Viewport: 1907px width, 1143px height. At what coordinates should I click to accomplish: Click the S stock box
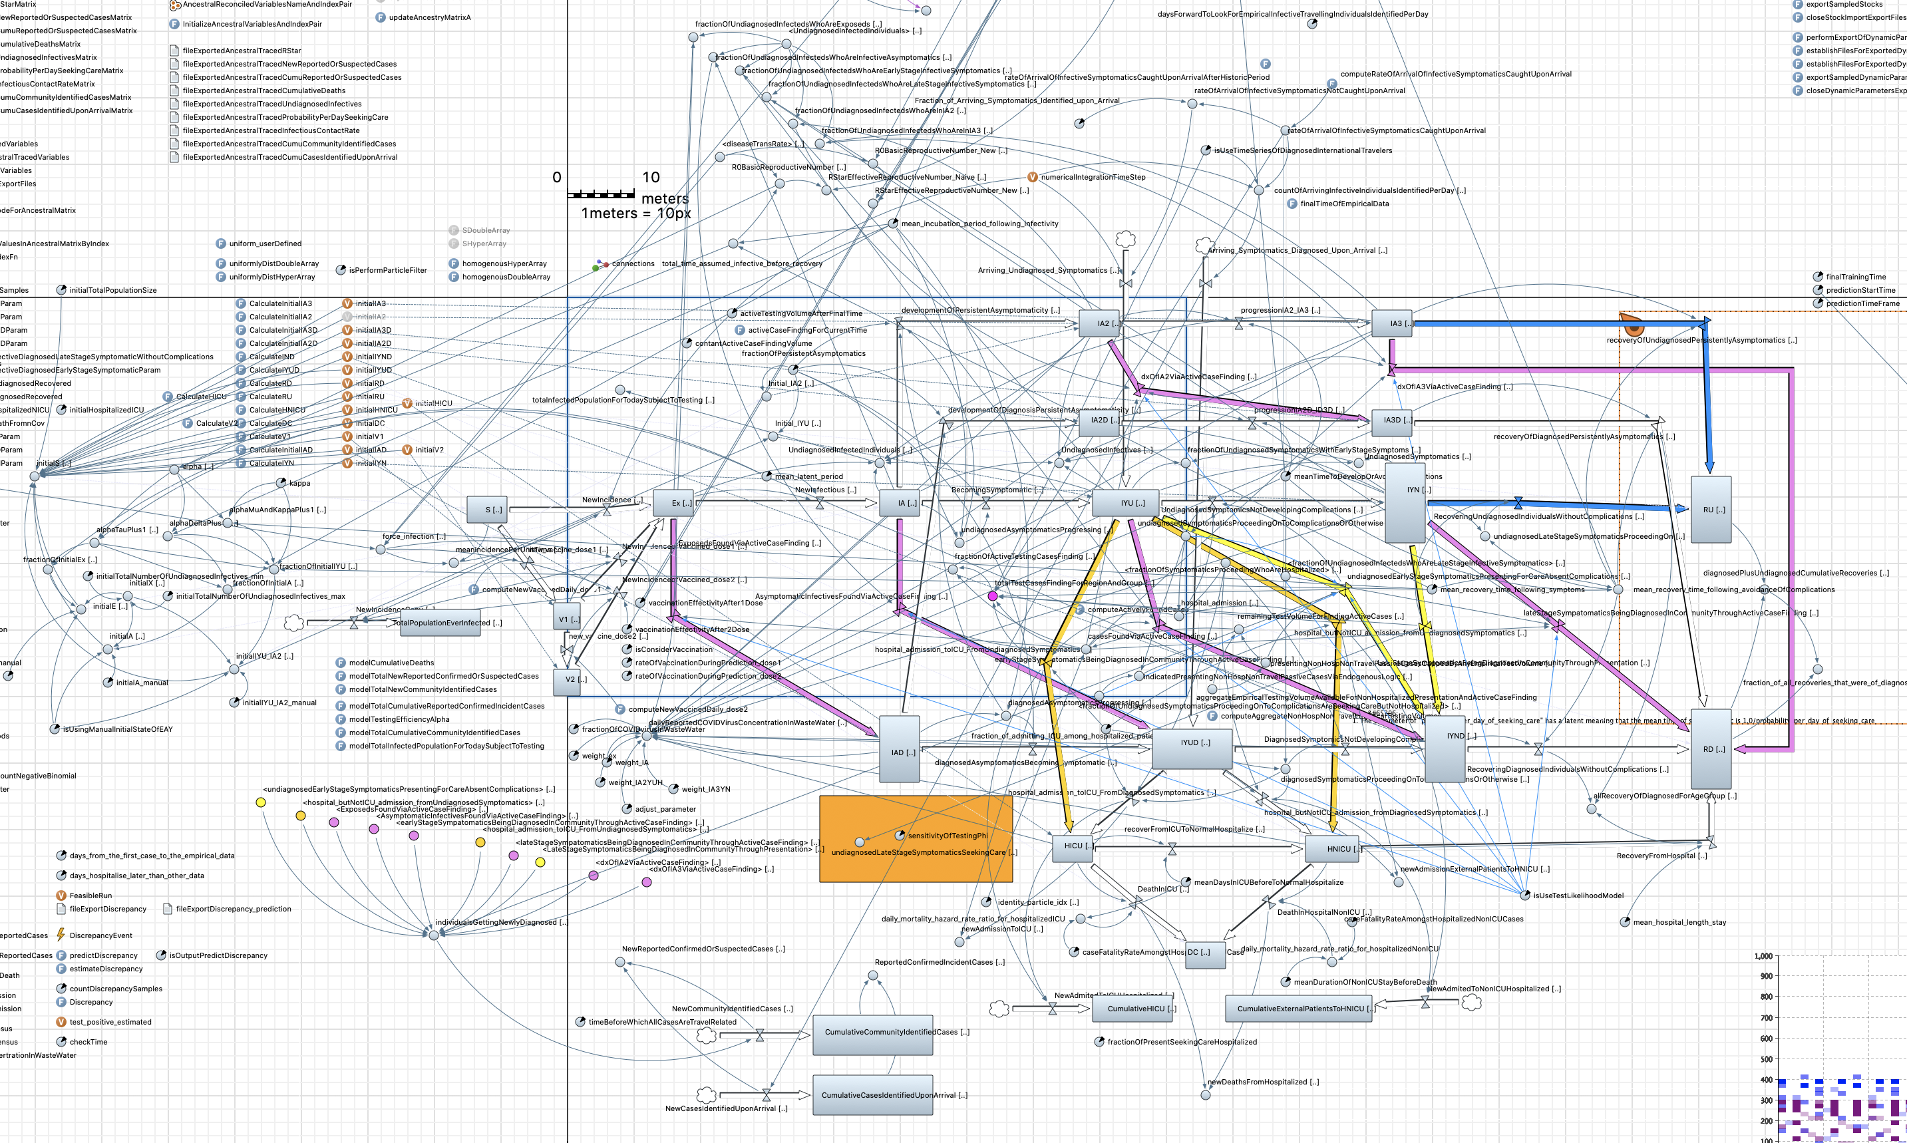tap(487, 509)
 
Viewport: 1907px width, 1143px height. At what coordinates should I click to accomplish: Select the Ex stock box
tap(673, 503)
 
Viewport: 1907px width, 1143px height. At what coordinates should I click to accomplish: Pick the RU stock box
tap(1710, 508)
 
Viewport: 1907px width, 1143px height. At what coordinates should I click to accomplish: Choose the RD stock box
tap(1710, 748)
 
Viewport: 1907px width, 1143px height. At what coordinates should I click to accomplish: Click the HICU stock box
tap(1073, 846)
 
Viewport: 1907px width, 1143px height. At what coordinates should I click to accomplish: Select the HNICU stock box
tap(1331, 849)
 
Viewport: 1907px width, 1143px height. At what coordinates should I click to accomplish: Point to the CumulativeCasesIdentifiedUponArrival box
tap(872, 1094)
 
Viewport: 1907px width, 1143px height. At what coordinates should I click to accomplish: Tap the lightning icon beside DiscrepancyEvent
tap(61, 934)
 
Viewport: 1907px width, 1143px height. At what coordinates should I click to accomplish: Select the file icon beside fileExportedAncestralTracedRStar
tap(174, 51)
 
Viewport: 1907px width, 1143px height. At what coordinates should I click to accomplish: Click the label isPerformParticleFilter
tap(387, 270)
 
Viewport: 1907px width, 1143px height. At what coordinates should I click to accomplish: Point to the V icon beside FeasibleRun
tap(61, 895)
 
